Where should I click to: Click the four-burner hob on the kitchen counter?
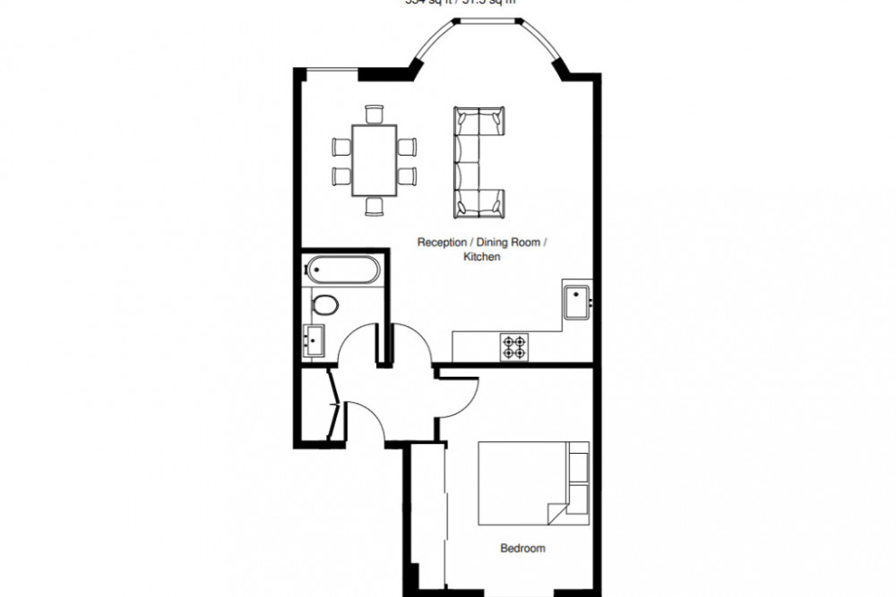(514, 346)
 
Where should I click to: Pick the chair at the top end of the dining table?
(375, 114)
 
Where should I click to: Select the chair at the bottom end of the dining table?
(375, 207)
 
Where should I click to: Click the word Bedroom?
(523, 548)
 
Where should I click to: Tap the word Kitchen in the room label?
(481, 257)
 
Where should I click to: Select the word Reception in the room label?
(442, 243)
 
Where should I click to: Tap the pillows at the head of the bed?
(579, 483)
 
